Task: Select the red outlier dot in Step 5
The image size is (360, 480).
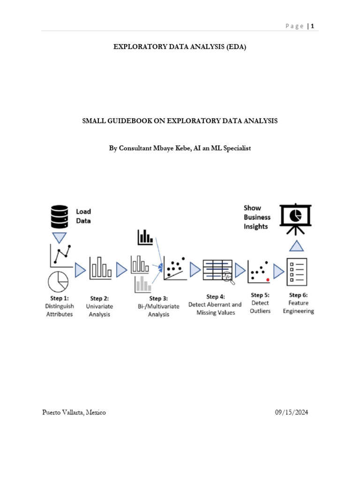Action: pyautogui.click(x=267, y=279)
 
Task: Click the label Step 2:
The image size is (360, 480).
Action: pyautogui.click(x=99, y=298)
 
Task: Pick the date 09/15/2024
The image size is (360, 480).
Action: pyautogui.click(x=292, y=412)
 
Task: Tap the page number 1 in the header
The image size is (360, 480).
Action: pyautogui.click(x=312, y=26)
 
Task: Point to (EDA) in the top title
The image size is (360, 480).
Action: pyautogui.click(x=235, y=47)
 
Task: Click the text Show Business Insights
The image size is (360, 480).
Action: pyautogui.click(x=256, y=217)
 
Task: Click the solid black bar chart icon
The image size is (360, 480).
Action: pyautogui.click(x=145, y=237)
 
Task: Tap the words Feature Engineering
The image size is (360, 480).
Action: pyautogui.click(x=299, y=307)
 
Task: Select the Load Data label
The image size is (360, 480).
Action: pyautogui.click(x=83, y=216)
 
